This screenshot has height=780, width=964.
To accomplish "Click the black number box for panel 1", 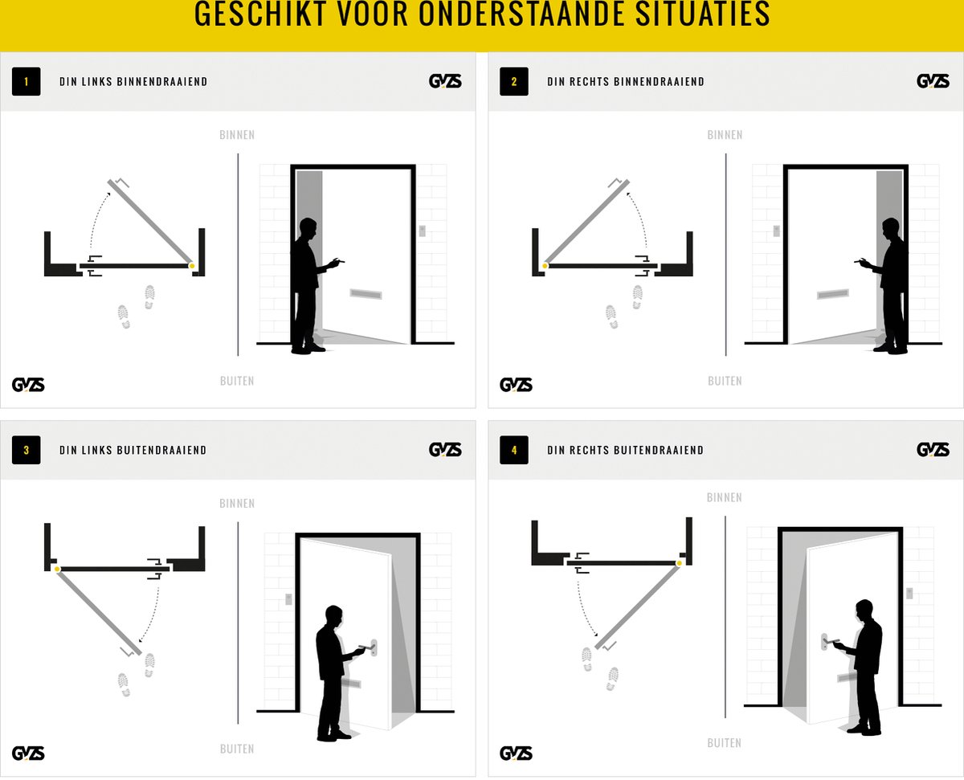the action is [27, 81].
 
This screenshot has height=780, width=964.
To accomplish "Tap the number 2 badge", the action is [513, 81].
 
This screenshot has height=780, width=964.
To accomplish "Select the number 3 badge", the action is [27, 450].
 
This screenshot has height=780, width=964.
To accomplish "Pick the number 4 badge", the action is [513, 450].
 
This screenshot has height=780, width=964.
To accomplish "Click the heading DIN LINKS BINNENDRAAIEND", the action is [133, 82].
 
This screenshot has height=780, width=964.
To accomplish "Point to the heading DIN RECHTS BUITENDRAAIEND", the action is [626, 450].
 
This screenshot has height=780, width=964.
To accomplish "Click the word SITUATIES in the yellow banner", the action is [702, 14].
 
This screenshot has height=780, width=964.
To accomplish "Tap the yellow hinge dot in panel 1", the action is [192, 266].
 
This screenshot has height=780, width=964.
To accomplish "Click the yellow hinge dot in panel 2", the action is [545, 266].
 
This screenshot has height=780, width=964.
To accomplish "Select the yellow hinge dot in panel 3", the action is [57, 569].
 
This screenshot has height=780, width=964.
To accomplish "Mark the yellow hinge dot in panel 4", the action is [679, 563].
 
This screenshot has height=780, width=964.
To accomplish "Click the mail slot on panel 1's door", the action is [366, 295].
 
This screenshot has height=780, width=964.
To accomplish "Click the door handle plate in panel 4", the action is [824, 642].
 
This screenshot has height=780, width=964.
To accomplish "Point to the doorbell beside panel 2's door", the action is [777, 231].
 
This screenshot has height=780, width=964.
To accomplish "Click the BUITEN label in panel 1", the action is [237, 381].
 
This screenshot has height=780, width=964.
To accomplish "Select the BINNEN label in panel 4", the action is [724, 498].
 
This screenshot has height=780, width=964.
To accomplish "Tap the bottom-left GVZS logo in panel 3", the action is [28, 753].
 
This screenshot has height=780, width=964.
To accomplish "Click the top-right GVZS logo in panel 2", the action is [933, 81].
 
